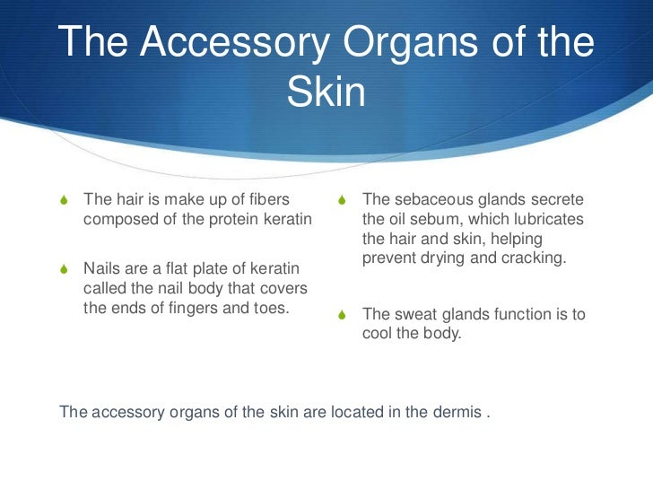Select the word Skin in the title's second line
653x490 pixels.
(326, 92)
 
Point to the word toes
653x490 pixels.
(267, 307)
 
